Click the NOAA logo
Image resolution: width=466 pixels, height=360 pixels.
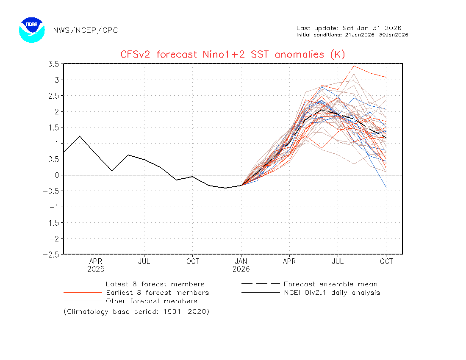(32, 30)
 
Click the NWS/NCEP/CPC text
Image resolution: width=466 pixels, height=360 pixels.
(86, 30)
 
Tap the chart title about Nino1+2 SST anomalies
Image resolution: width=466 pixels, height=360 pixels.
(233, 54)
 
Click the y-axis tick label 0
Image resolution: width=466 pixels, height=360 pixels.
(56, 175)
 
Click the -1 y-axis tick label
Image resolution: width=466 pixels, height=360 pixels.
(53, 207)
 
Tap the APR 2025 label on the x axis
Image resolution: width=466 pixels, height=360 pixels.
(96, 265)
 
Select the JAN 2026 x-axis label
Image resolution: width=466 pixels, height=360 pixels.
(241, 265)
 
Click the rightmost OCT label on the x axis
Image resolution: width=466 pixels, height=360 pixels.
(386, 261)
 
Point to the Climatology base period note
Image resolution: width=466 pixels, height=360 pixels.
(136, 312)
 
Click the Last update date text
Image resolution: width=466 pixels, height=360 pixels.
(349, 28)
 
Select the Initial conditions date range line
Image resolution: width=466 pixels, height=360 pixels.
(352, 35)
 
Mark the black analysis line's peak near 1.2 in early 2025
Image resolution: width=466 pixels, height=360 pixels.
(80, 136)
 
